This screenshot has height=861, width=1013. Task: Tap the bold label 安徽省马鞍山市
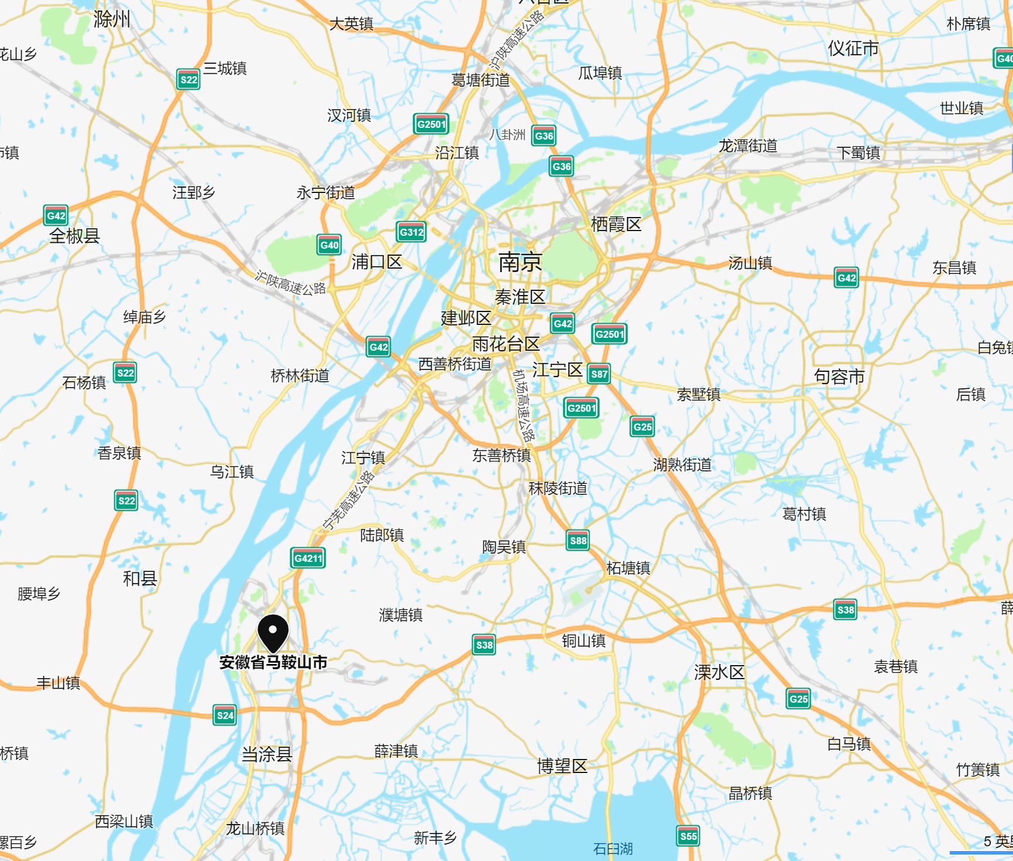pyautogui.click(x=273, y=663)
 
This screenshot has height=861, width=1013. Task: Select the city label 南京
pyautogui.click(x=520, y=262)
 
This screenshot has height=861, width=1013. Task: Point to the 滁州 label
pyautogui.click(x=111, y=19)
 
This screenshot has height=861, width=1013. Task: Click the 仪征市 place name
pyautogui.click(x=853, y=48)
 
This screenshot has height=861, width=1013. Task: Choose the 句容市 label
pyautogui.click(x=839, y=377)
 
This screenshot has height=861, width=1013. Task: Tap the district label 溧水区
pyautogui.click(x=719, y=672)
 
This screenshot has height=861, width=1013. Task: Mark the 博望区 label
pyautogui.click(x=562, y=766)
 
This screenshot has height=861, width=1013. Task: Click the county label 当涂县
pyautogui.click(x=267, y=754)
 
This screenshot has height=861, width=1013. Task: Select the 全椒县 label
pyautogui.click(x=74, y=236)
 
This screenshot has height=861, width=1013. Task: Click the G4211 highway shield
pyautogui.click(x=308, y=558)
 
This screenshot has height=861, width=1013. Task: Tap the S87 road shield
pyautogui.click(x=599, y=374)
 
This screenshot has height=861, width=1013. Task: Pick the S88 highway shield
pyautogui.click(x=578, y=541)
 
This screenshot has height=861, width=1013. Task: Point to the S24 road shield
pyautogui.click(x=225, y=715)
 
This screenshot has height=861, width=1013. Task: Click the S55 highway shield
pyautogui.click(x=688, y=836)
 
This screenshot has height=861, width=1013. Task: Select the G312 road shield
pyautogui.click(x=411, y=232)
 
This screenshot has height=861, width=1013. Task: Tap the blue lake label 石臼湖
pyautogui.click(x=612, y=849)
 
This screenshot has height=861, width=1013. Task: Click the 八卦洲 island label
pyautogui.click(x=507, y=135)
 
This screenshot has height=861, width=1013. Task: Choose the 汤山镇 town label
pyautogui.click(x=750, y=263)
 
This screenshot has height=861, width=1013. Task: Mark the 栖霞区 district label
pyautogui.click(x=616, y=224)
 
